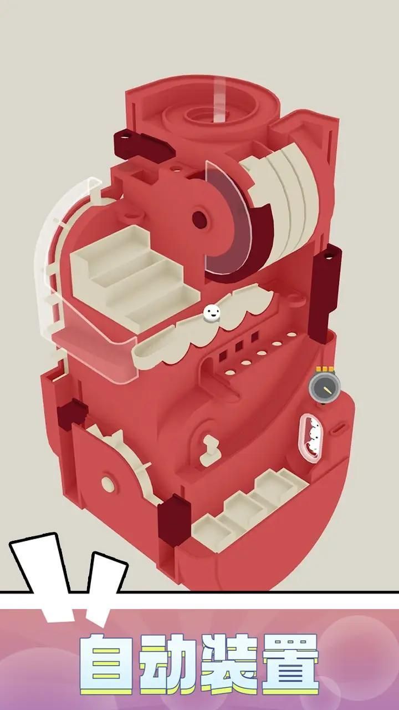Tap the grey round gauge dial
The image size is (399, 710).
325,387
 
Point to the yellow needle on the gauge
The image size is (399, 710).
327,389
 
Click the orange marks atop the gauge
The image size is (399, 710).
325,369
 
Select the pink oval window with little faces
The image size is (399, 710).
311,438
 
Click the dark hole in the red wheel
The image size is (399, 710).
199,220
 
